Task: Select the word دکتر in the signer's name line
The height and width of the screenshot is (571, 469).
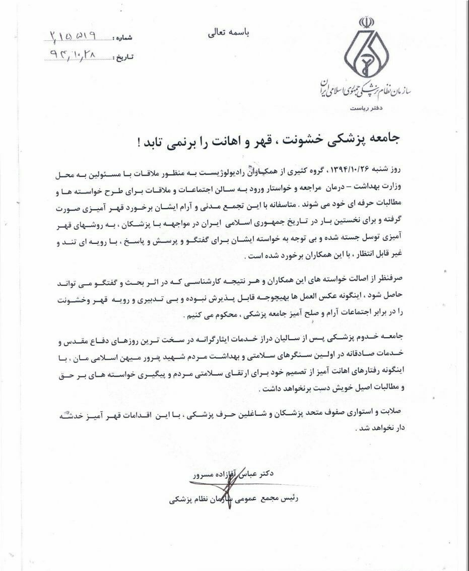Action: [265, 474]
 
